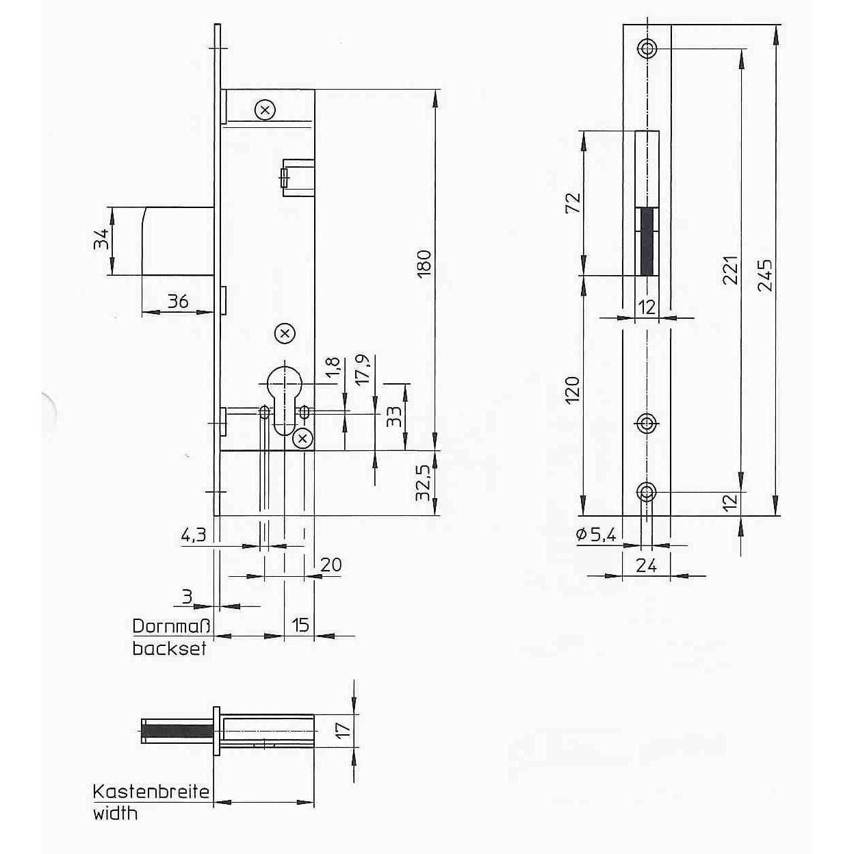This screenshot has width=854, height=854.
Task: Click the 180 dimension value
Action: click(x=424, y=263)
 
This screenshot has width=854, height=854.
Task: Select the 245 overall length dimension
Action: click(x=765, y=275)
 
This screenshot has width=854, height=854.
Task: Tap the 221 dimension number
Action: click(x=730, y=270)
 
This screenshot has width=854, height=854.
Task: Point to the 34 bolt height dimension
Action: click(x=101, y=240)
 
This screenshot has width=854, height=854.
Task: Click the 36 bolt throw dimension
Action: click(x=178, y=301)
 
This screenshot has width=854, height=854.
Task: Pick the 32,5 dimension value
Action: click(x=423, y=483)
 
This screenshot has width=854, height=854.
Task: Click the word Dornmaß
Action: click(x=171, y=626)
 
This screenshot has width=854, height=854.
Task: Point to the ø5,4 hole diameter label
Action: click(x=596, y=535)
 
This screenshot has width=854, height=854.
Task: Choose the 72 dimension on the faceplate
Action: click(x=573, y=203)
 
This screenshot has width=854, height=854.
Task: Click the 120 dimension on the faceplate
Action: click(x=573, y=390)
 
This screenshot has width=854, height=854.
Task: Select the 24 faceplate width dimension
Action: click(x=646, y=565)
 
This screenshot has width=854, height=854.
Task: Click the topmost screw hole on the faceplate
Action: click(x=647, y=48)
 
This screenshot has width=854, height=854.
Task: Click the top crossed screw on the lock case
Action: click(x=265, y=110)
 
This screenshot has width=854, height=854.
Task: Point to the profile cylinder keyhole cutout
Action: click(x=284, y=400)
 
